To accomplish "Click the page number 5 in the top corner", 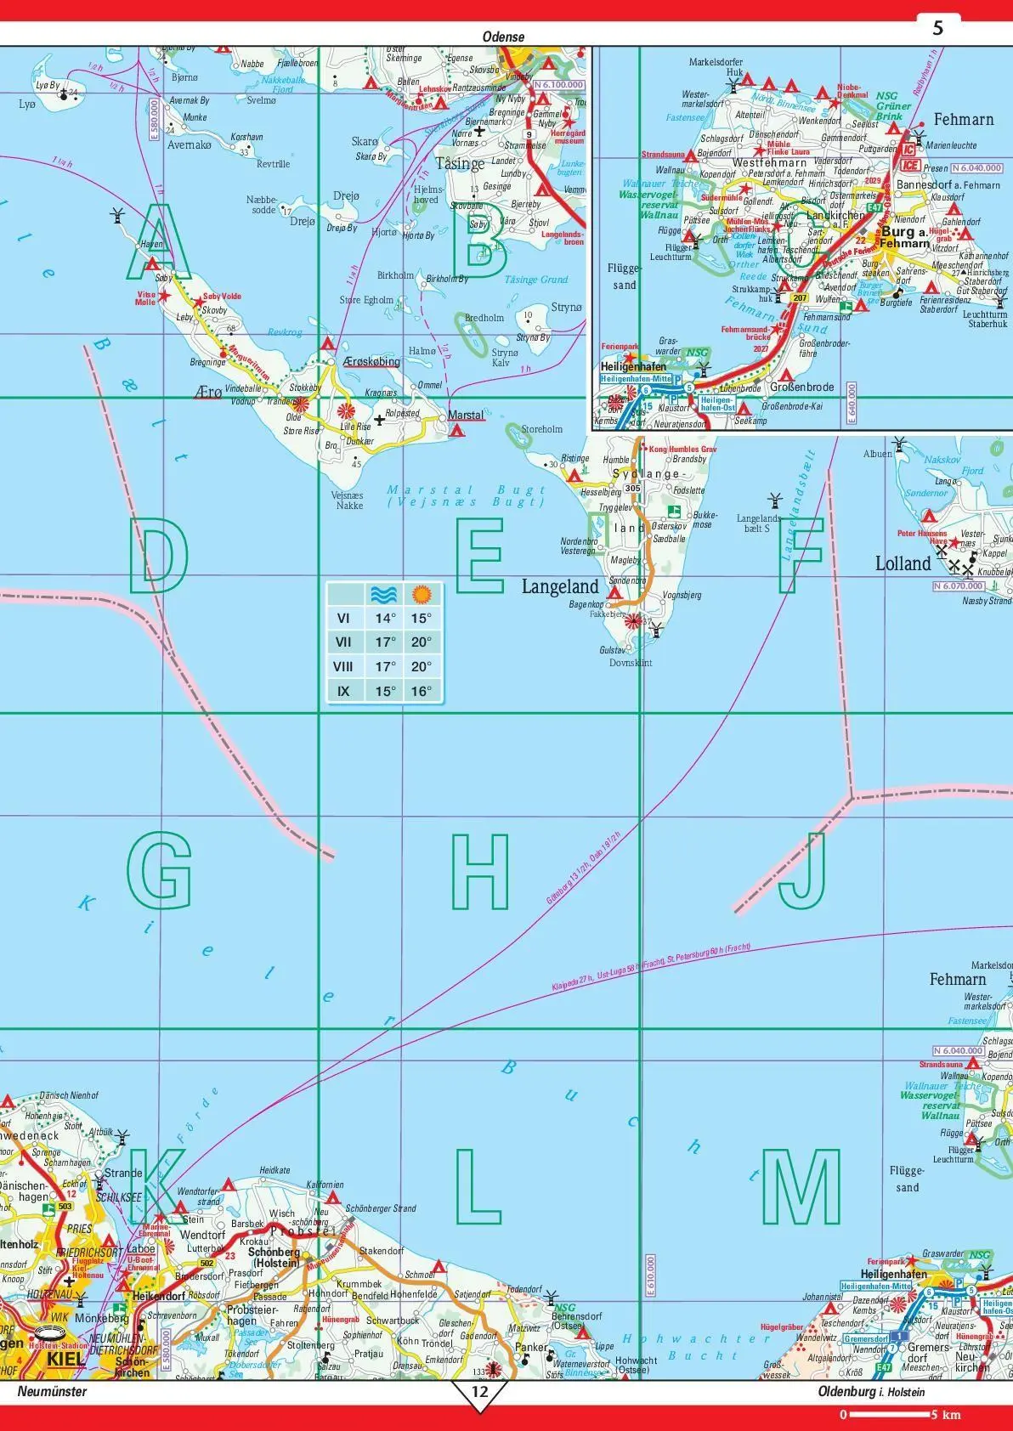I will [x=937, y=29].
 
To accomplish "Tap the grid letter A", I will [x=157, y=246].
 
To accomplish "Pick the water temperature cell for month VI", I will [x=386, y=619].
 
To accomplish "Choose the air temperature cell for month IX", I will [x=422, y=691].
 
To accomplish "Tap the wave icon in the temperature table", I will [x=385, y=594].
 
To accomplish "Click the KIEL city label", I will [x=65, y=1359].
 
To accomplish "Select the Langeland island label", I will [x=560, y=586].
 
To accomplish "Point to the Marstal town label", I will [x=465, y=416].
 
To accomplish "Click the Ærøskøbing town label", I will [x=371, y=362].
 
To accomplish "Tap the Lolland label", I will [x=903, y=563].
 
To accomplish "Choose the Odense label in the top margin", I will [x=503, y=37].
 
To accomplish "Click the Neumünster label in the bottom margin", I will [x=52, y=1392].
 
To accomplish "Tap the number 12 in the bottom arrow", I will [x=480, y=1392].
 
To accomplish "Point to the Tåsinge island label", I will [x=460, y=162].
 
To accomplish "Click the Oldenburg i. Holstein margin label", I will [x=871, y=1392].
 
